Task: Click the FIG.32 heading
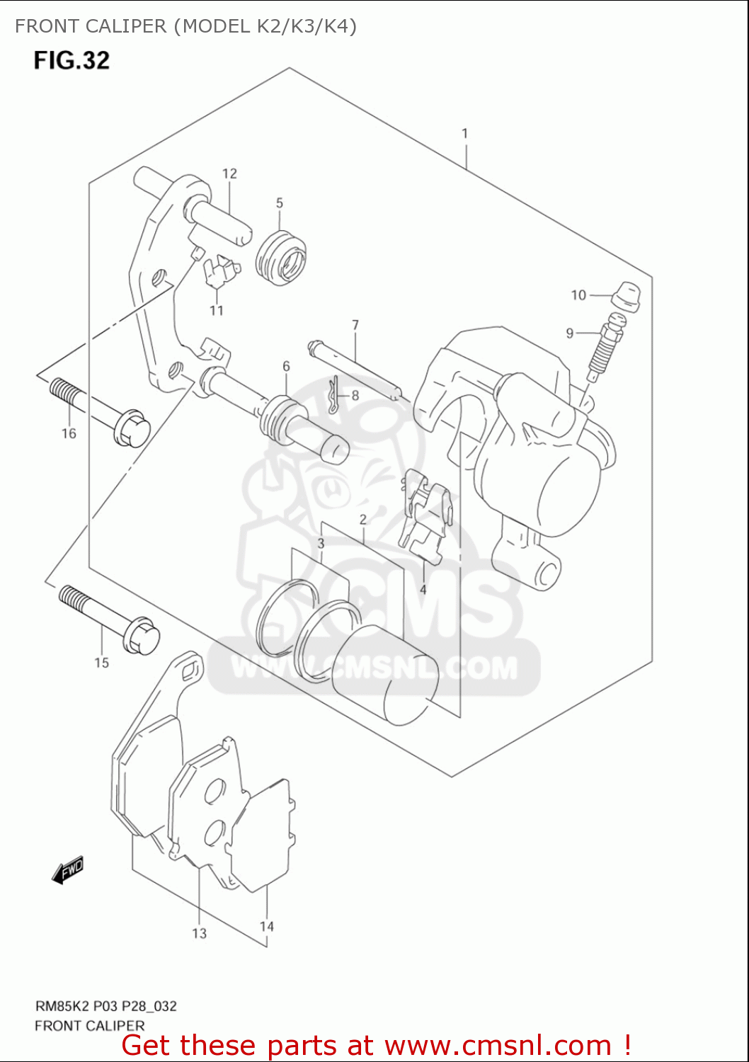click(72, 60)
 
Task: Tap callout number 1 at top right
click(464, 133)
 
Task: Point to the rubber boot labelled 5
click(282, 258)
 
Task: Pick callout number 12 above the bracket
click(229, 173)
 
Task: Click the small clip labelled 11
click(220, 272)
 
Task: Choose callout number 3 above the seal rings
click(321, 544)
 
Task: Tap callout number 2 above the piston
click(362, 520)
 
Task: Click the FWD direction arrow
click(68, 870)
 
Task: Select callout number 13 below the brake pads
click(199, 934)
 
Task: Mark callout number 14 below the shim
click(267, 927)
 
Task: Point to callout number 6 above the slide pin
click(286, 366)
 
